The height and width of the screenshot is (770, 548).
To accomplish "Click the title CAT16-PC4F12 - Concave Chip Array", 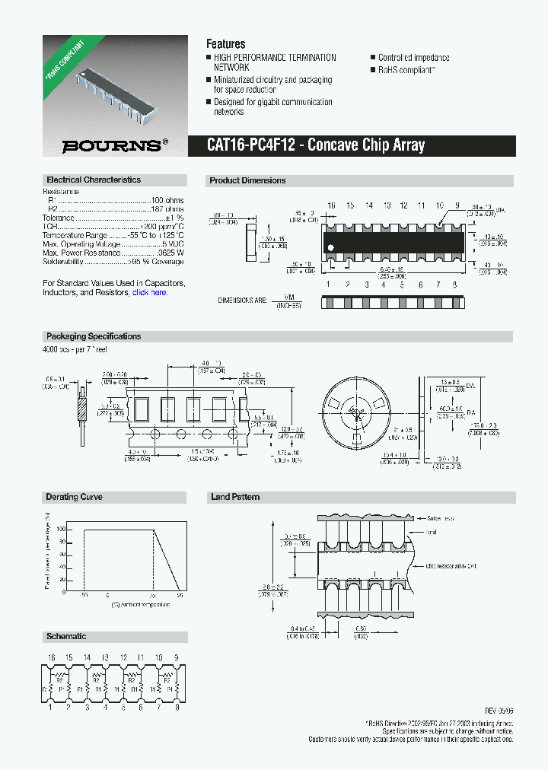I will click(316, 145).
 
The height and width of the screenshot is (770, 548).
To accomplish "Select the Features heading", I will click(226, 44).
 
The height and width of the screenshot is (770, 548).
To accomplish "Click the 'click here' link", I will click(149, 292).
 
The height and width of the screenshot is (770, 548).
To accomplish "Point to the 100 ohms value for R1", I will click(168, 200).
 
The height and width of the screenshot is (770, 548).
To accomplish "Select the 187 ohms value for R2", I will click(168, 208).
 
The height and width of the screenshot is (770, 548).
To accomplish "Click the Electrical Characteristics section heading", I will click(94, 180).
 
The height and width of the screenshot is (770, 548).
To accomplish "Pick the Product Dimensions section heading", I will click(247, 181).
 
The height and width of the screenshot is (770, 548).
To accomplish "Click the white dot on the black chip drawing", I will click(330, 247).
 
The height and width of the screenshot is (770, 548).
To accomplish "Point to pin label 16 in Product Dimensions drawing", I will click(331, 206).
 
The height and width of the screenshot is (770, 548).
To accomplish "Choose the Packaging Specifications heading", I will click(94, 336).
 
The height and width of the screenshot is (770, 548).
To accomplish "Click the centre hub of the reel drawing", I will click(352, 412).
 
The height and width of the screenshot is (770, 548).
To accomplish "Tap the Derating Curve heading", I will click(74, 498).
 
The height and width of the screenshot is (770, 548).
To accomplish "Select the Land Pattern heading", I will click(235, 498).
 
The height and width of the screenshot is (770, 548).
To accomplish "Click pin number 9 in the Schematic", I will click(176, 657).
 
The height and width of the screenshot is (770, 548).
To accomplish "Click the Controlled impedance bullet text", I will click(413, 58).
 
